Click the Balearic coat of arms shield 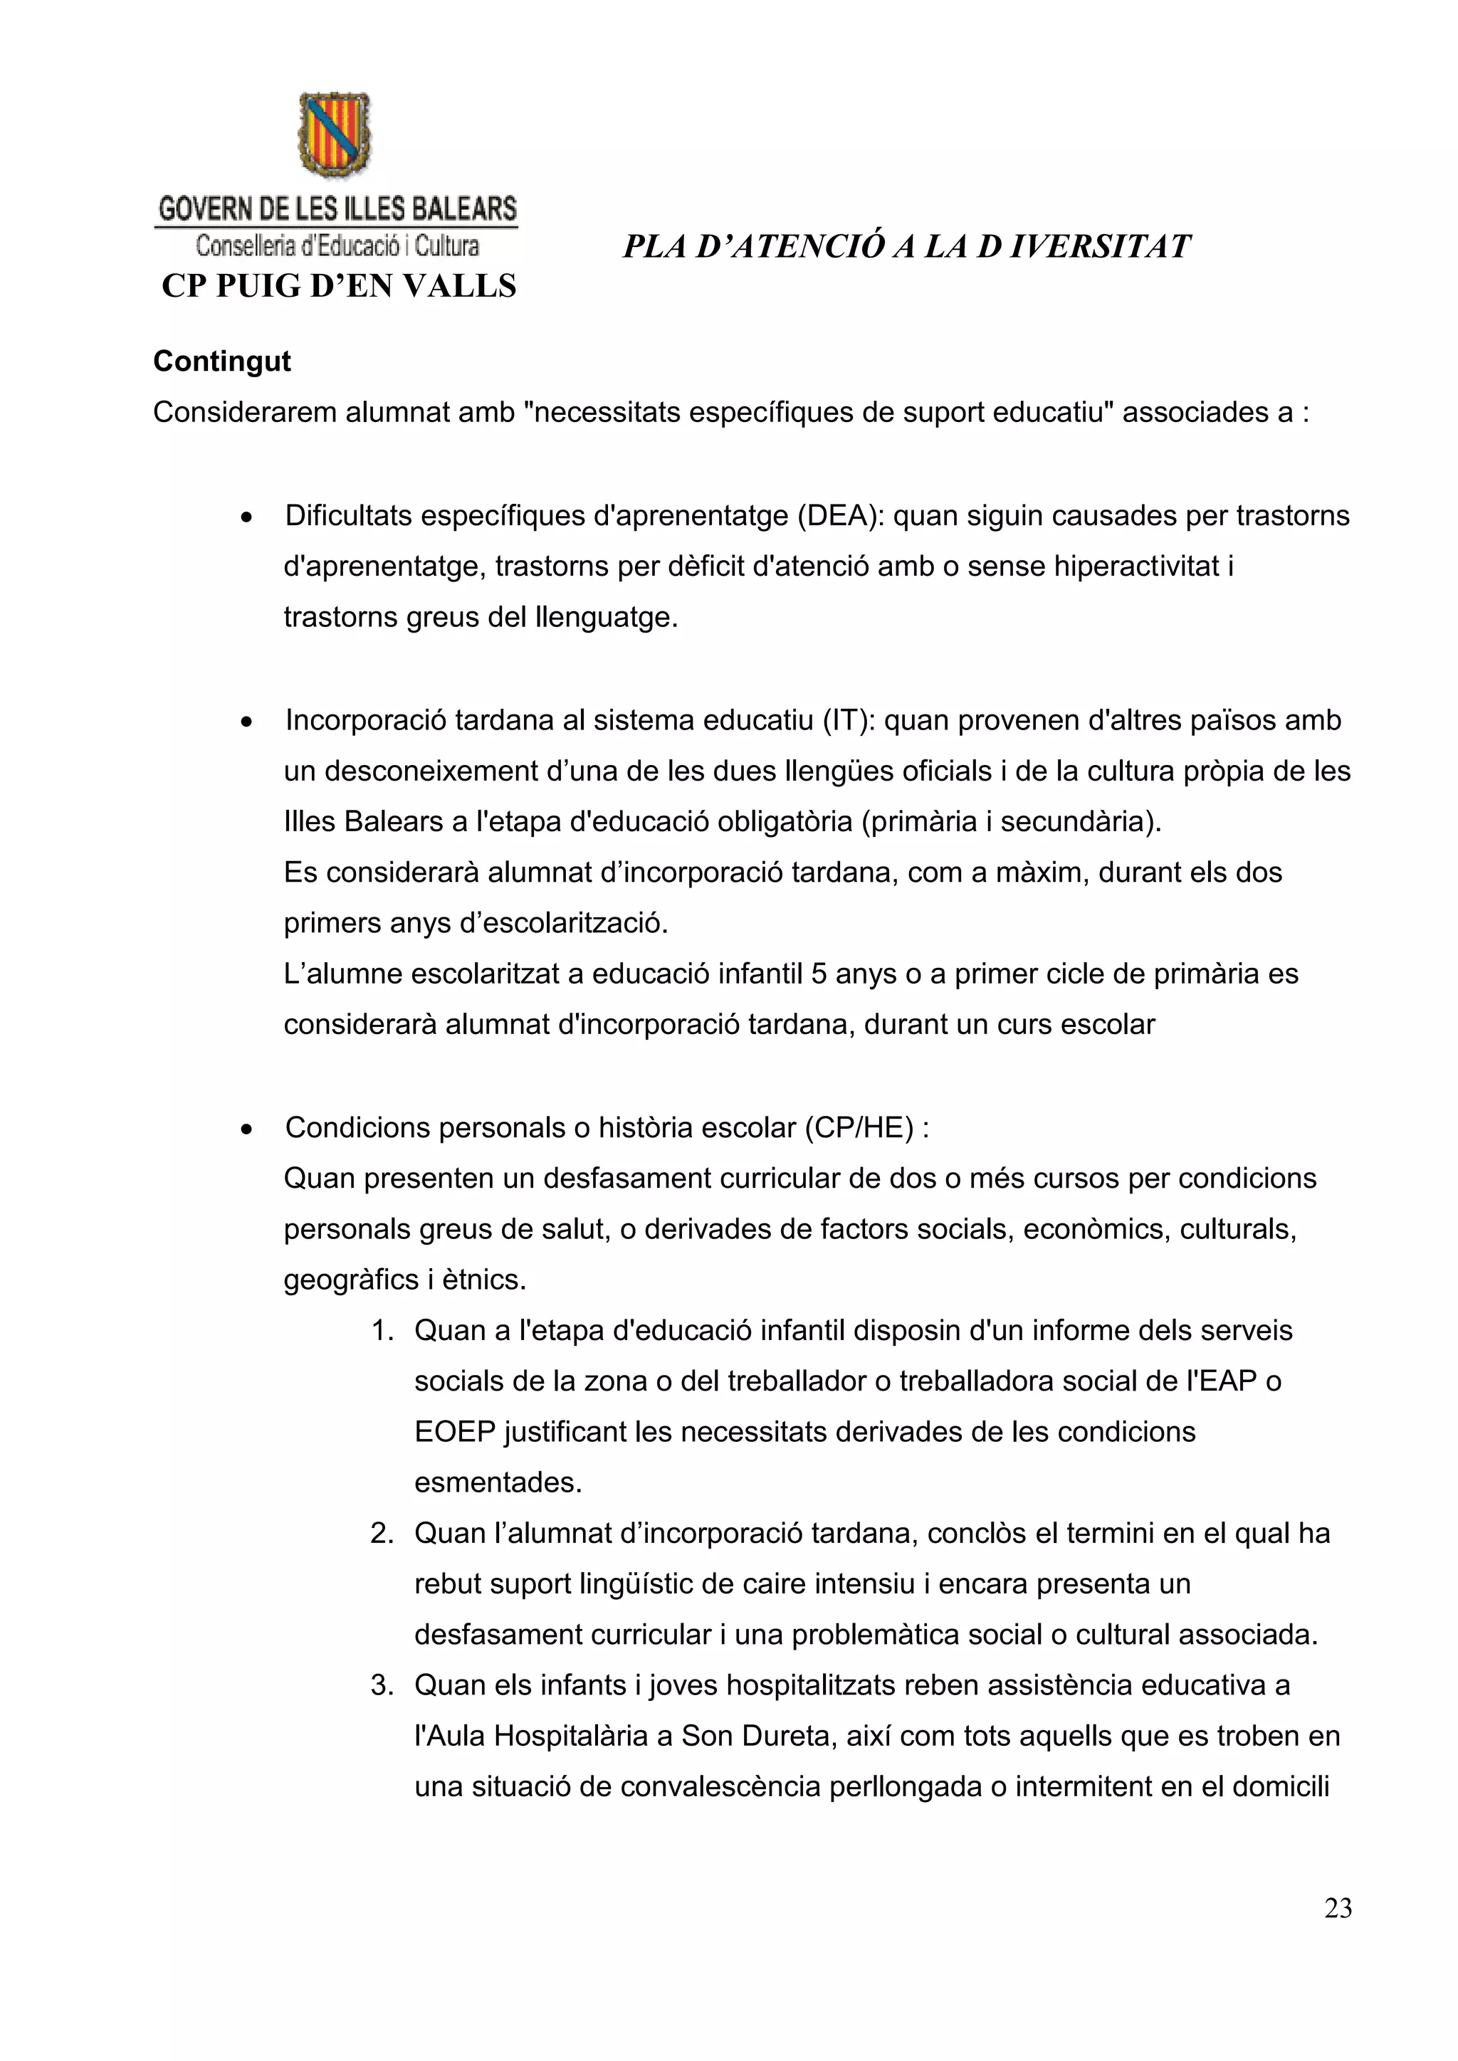point(334,135)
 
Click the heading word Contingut point(221,361)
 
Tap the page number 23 point(1338,1909)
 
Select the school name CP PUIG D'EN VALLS point(338,286)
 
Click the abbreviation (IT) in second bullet point(849,720)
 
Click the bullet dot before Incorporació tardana point(246,722)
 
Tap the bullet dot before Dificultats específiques point(246,518)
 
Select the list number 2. point(382,1533)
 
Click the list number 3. point(382,1685)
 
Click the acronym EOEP point(454,1432)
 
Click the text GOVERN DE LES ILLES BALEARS point(337,209)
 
